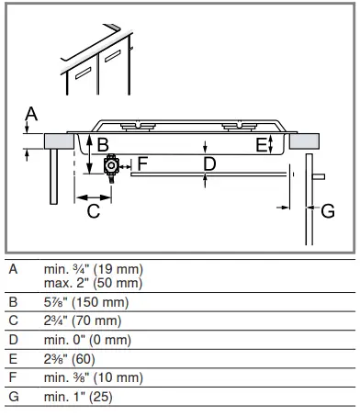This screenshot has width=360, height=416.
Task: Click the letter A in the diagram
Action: click(x=30, y=114)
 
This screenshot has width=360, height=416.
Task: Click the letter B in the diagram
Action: click(x=103, y=144)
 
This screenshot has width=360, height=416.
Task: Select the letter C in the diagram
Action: click(x=93, y=211)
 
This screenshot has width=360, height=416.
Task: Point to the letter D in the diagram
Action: click(x=209, y=164)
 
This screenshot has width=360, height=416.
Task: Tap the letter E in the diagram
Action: click(x=261, y=144)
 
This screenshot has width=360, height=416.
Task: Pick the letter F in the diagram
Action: click(x=142, y=163)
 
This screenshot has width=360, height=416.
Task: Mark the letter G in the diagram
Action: click(x=328, y=210)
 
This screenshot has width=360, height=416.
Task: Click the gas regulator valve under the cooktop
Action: click(x=114, y=166)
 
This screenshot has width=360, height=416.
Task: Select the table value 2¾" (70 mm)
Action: click(x=81, y=320)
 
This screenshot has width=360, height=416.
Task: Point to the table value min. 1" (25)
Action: click(x=77, y=397)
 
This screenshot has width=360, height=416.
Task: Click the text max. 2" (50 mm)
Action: click(x=93, y=284)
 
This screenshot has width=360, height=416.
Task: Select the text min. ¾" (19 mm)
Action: click(x=93, y=271)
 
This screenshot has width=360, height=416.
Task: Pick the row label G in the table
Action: click(x=12, y=397)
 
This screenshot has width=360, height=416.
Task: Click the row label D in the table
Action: click(x=12, y=340)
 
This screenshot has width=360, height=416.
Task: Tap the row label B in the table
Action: click(x=12, y=302)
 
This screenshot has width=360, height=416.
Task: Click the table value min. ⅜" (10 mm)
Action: click(x=93, y=377)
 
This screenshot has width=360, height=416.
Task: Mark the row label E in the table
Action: click(x=12, y=359)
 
